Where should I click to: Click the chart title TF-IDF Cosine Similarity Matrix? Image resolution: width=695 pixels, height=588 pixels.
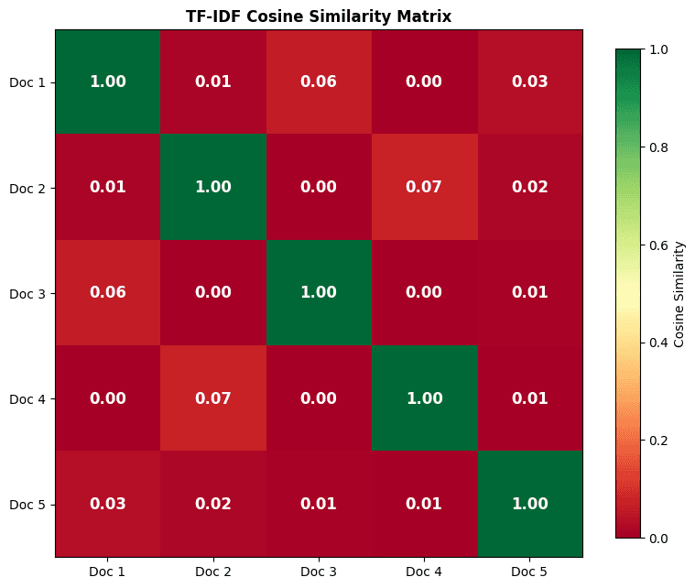tap(319, 16)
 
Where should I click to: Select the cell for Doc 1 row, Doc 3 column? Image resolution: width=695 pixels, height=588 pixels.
tap(319, 82)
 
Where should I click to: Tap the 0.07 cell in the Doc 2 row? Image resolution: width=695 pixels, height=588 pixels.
tap(424, 188)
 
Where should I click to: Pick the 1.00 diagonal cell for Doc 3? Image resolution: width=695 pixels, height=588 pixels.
tap(319, 293)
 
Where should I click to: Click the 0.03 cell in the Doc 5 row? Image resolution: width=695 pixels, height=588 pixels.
tap(108, 504)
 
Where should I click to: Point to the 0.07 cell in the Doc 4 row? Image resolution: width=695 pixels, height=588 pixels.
tap(213, 398)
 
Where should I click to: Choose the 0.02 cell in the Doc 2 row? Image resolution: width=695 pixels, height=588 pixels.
tap(529, 188)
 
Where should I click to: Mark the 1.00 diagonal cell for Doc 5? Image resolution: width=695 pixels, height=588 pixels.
tap(529, 504)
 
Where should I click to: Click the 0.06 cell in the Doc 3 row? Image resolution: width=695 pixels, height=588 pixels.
tap(108, 293)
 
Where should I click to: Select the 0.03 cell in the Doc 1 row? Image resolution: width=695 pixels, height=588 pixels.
tap(529, 82)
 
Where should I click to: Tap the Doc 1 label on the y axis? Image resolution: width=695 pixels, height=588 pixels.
tap(27, 82)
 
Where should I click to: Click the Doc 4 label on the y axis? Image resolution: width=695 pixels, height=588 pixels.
tap(27, 398)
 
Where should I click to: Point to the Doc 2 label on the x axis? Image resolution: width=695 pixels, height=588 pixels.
tap(213, 572)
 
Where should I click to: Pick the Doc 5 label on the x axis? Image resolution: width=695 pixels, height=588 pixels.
tap(529, 572)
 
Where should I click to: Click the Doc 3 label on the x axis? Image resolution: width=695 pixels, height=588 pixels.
tap(319, 572)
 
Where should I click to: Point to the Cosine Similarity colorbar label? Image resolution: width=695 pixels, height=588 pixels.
tap(679, 293)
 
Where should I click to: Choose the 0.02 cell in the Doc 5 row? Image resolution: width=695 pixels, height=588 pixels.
tap(213, 504)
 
